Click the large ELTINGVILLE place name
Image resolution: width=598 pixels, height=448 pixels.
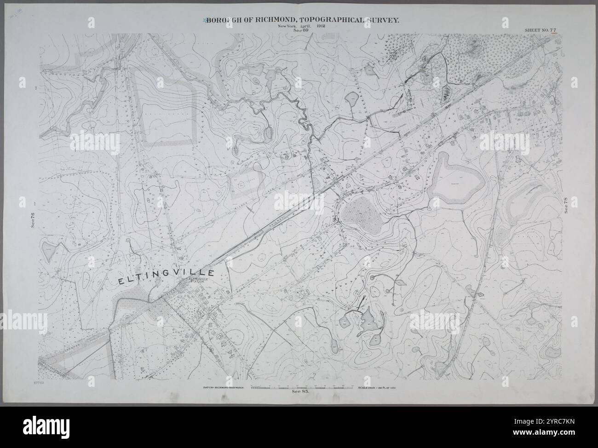point(168,276)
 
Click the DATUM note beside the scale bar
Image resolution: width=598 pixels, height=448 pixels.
point(223,388)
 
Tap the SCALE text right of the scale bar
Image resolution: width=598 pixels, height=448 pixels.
point(376,388)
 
